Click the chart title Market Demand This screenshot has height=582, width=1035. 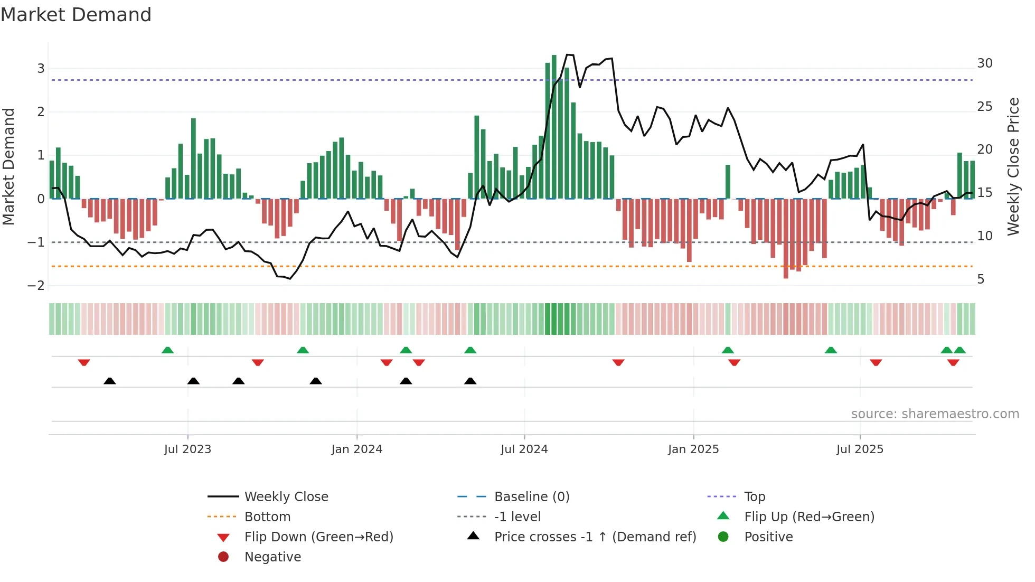76,15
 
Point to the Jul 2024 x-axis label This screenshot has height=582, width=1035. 524,449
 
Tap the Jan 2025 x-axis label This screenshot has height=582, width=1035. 693,449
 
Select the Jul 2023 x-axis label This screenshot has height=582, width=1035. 187,449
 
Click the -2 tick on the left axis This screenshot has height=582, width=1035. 36,286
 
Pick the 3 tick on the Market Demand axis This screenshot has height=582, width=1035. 41,68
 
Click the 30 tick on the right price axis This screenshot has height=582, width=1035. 985,63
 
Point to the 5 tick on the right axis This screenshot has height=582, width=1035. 981,279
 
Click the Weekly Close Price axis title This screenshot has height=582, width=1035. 1013,166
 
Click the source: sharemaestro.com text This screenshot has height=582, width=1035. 935,414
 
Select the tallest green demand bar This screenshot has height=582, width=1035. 554,127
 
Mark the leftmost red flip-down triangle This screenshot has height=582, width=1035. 84,362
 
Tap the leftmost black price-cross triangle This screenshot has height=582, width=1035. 110,381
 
